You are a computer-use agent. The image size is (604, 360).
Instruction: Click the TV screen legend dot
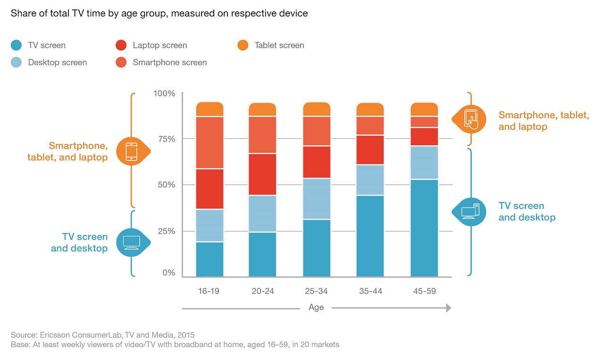(x=16, y=45)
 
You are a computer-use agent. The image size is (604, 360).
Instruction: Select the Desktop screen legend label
(x=58, y=62)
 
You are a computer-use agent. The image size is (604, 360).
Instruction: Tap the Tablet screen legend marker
(x=243, y=45)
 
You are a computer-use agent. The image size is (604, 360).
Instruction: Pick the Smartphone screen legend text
(x=169, y=62)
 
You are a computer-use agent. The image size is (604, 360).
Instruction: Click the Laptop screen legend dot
(x=121, y=45)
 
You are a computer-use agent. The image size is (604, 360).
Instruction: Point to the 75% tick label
(x=167, y=139)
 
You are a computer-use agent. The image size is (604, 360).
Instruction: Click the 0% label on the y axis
(x=169, y=273)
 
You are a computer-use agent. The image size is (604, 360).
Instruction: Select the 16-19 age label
(x=209, y=291)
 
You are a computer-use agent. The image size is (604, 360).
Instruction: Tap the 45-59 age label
(x=424, y=291)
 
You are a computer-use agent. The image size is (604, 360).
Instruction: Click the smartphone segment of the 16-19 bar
(x=210, y=142)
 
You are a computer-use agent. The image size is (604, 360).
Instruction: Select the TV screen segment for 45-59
(x=424, y=228)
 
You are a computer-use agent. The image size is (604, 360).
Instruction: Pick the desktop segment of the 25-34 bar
(x=317, y=199)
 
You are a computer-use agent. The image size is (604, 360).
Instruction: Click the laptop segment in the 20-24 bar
(x=262, y=174)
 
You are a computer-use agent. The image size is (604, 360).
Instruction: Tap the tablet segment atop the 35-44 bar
(x=370, y=109)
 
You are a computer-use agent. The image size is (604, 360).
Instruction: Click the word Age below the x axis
(x=316, y=307)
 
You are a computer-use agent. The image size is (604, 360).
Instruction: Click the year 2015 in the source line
(x=185, y=335)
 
